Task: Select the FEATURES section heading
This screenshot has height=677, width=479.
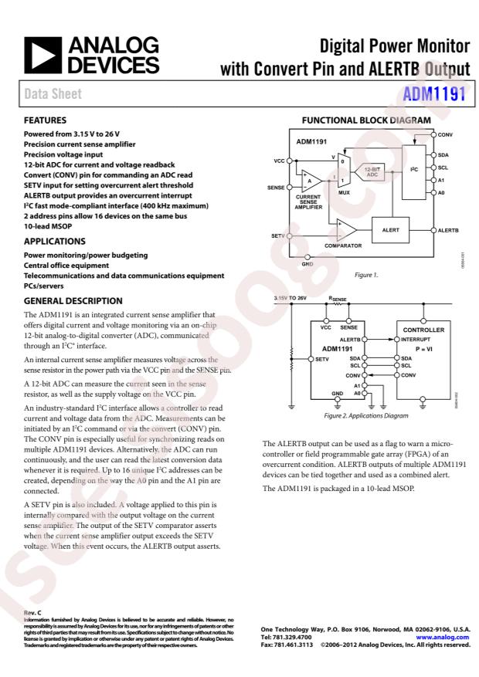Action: tap(45, 120)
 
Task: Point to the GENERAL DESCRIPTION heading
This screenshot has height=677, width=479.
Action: tap(73, 301)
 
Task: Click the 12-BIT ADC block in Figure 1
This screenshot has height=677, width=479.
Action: tap(372, 172)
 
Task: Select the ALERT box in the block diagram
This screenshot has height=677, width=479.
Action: tap(391, 230)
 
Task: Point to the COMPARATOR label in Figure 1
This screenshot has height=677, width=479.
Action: tap(342, 245)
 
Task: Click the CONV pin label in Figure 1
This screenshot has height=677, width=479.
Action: tap(445, 134)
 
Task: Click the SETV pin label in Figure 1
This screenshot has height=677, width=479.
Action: tap(278, 235)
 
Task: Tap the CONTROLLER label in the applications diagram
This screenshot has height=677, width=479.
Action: tap(423, 330)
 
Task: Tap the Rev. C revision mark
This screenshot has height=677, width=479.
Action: tap(32, 613)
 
